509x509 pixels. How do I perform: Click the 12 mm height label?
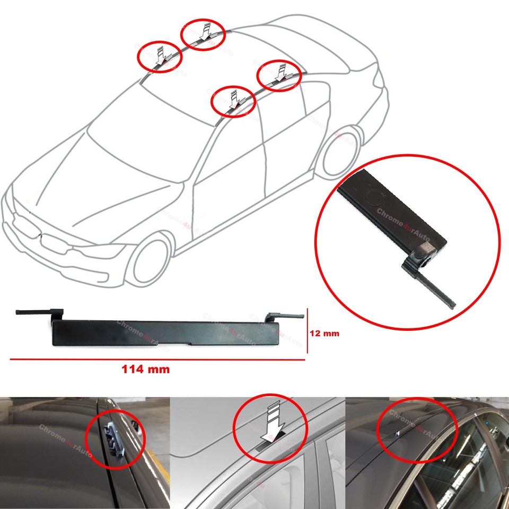pos(323,334)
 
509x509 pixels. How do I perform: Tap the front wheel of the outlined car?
pos(152,260)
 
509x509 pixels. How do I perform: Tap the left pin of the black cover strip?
pos(37,312)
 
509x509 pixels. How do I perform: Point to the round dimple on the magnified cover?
pos(374,198)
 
